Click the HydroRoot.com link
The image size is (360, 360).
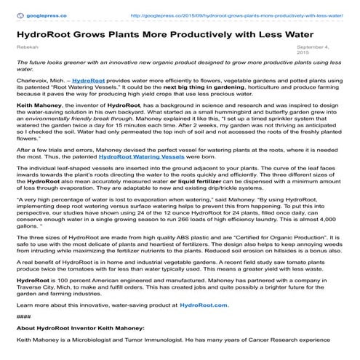[207, 305]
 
